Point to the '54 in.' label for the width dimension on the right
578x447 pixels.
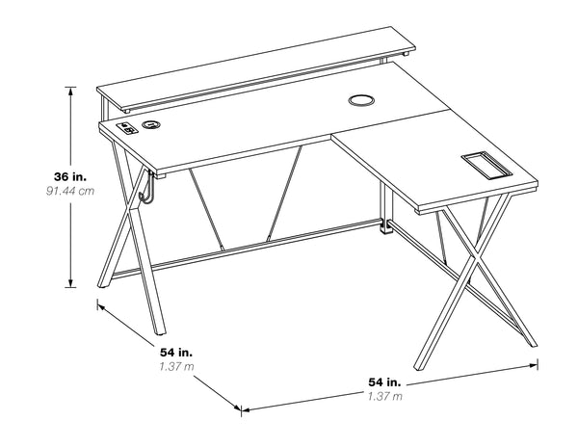384,382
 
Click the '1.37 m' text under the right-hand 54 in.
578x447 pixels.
384,397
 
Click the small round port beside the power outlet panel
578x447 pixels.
151,124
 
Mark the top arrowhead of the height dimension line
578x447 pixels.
71,90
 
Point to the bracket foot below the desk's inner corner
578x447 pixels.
386,229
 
